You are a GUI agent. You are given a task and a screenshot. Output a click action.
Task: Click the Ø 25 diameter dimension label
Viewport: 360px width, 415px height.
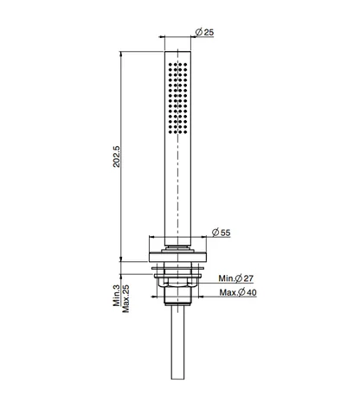pos(204,32)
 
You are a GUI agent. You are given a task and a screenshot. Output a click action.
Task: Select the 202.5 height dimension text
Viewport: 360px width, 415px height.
pos(117,156)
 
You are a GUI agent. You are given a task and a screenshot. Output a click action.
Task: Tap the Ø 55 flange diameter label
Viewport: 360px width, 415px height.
pos(222,233)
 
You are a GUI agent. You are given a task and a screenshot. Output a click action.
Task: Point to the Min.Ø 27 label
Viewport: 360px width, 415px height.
pos(235,278)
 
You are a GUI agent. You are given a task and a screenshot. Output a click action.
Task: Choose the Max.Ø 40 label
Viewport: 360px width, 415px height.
pos(238,292)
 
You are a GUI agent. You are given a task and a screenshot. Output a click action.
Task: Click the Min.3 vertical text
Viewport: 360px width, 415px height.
pos(116,296)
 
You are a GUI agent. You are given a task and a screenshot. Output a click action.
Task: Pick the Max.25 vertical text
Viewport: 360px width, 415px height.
pos(125,298)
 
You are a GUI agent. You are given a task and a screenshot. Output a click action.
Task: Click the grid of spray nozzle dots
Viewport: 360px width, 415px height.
pos(177,99)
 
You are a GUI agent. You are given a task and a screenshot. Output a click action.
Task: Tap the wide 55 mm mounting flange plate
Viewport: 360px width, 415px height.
pos(177,257)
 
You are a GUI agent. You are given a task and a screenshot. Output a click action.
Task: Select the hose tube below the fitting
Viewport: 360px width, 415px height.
pos(177,342)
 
